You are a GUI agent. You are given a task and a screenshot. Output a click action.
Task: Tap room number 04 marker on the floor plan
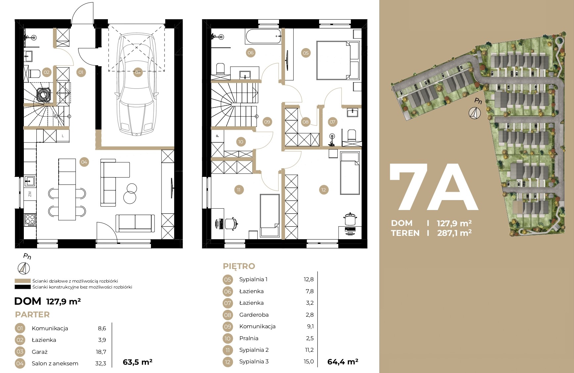(x=84, y=162)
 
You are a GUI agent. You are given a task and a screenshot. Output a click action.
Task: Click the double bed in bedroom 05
(x=338, y=60)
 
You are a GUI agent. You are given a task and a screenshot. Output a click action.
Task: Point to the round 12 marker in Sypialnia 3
(x=323, y=190)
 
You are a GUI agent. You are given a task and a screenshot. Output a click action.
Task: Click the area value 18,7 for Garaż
(x=101, y=352)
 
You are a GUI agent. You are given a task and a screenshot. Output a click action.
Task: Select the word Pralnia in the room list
(x=249, y=338)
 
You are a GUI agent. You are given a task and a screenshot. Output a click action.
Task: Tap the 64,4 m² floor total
(x=343, y=362)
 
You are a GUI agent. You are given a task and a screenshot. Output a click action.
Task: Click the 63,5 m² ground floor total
(x=137, y=362)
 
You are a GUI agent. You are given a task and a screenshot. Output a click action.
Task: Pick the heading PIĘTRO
(x=239, y=266)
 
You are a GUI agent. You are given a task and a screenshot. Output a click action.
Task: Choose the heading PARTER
(x=32, y=314)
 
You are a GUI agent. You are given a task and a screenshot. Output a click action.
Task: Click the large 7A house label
(x=434, y=187)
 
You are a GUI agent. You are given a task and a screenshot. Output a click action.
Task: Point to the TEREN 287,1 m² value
(x=454, y=233)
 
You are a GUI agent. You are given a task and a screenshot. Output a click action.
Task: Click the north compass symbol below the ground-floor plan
(x=24, y=268)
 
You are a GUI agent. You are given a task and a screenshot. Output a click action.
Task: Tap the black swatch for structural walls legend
(x=23, y=287)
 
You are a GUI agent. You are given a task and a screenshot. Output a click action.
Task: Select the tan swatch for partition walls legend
(x=23, y=281)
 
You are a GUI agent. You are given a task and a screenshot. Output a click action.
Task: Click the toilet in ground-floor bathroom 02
(x=34, y=73)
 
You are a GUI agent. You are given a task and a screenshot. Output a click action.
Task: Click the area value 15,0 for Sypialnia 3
(x=309, y=361)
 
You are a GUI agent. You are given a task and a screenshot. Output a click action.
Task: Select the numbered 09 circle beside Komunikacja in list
(x=227, y=327)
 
